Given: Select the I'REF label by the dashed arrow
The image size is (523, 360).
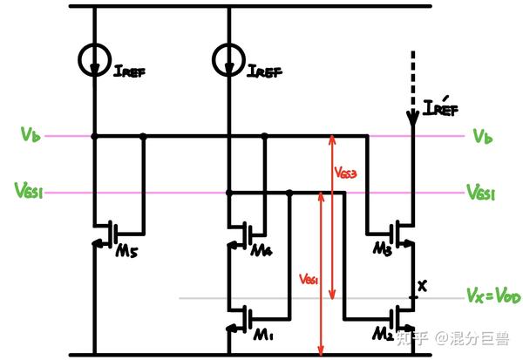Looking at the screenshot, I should click(x=439, y=110).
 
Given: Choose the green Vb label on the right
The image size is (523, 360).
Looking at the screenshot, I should click(x=481, y=136).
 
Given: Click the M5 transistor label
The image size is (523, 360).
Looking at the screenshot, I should click(x=127, y=254).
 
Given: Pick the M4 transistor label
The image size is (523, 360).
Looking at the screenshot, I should click(x=261, y=252).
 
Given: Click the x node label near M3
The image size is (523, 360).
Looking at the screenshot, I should click(x=424, y=285).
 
